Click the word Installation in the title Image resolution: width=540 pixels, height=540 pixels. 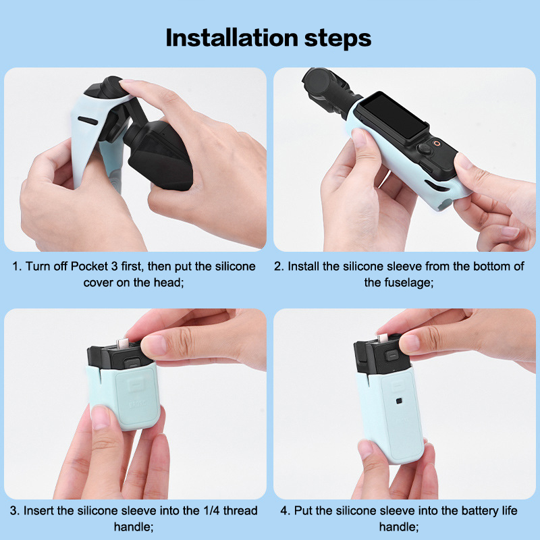(232, 38)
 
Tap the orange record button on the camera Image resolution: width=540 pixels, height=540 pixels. (437, 143)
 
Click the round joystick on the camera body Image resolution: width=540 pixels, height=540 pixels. (425, 149)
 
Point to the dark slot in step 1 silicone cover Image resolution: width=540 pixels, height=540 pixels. (88, 121)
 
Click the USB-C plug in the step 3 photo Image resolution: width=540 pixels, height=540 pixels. (123, 343)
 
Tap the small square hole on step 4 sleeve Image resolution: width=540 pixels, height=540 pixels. (399, 401)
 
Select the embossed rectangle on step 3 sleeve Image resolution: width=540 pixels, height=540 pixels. (137, 385)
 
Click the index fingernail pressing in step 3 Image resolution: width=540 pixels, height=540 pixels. (154, 346)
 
